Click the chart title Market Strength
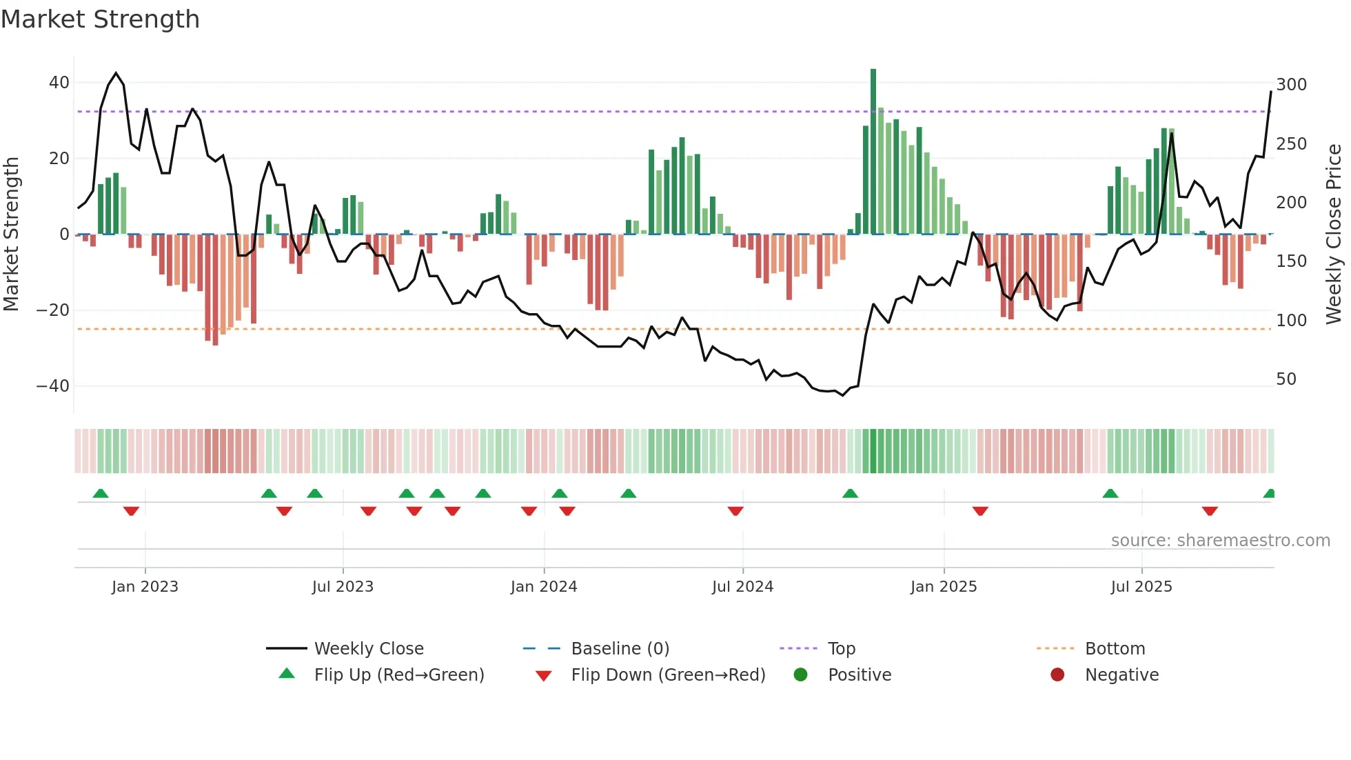pyautogui.click(x=100, y=19)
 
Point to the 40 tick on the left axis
pyautogui.click(x=59, y=83)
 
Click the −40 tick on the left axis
pyautogui.click(x=53, y=386)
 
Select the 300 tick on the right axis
pyautogui.click(x=1291, y=85)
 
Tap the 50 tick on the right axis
pyautogui.click(x=1286, y=379)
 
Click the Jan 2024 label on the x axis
pyautogui.click(x=543, y=587)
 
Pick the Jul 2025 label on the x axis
pyautogui.click(x=1141, y=587)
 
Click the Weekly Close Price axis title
pyautogui.click(x=1334, y=234)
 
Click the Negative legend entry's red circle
pyautogui.click(x=1057, y=674)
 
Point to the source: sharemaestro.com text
pyautogui.click(x=1220, y=541)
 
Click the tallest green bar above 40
pyautogui.click(x=873, y=152)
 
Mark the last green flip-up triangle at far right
pyautogui.click(x=1269, y=494)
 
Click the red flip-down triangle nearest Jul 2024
pyautogui.click(x=735, y=511)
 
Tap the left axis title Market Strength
pyautogui.click(x=11, y=234)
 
